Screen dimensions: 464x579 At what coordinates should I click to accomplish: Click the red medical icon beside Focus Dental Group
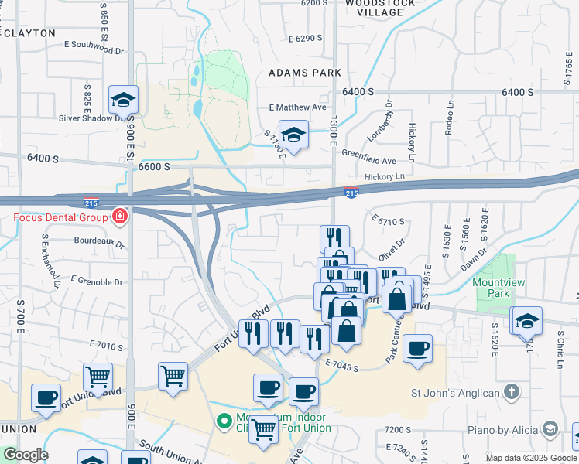pyautogui.click(x=119, y=216)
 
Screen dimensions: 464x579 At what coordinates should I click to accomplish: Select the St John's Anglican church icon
pyautogui.click(x=511, y=393)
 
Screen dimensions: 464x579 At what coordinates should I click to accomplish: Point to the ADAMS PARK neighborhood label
pyautogui.click(x=305, y=72)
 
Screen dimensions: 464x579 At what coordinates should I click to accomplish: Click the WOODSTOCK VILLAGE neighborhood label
pyautogui.click(x=375, y=8)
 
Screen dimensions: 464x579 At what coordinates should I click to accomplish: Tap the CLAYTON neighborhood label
pyautogui.click(x=29, y=33)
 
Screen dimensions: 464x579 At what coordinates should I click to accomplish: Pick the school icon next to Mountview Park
pyautogui.click(x=527, y=321)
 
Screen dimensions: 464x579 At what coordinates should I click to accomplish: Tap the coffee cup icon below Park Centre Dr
pyautogui.click(x=417, y=349)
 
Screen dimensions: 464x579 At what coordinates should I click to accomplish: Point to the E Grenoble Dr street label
pyautogui.click(x=97, y=280)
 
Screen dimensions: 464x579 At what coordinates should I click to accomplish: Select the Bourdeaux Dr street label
pyautogui.click(x=99, y=241)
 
